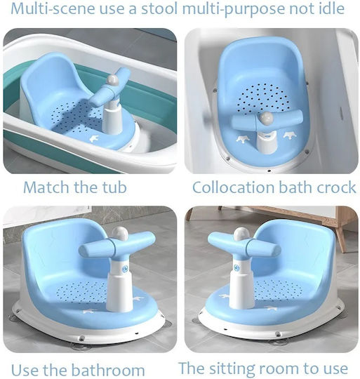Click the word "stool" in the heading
coord(159,8)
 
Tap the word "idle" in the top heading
coord(331,8)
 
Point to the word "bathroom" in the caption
coord(108,370)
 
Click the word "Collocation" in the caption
coord(234,187)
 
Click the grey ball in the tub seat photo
coord(113,80)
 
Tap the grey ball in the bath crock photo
coord(267,118)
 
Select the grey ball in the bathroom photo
coord(119,234)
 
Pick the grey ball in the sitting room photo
coord(241,234)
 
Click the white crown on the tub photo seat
coord(94,138)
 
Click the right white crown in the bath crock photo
coord(290,135)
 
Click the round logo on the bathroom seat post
coord(125,269)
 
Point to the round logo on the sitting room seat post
coord(236,267)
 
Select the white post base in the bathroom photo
coord(119,291)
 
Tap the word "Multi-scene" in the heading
coord(53,8)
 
